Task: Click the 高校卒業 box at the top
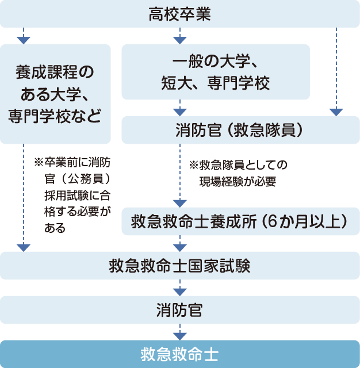pyautogui.click(x=179, y=13)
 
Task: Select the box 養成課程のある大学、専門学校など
pyautogui.click(x=56, y=94)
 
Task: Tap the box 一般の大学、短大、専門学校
pyautogui.click(x=216, y=72)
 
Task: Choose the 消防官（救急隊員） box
pyautogui.click(x=240, y=131)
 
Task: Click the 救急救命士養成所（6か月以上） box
pyautogui.click(x=240, y=221)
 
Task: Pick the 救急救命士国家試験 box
pyautogui.click(x=179, y=266)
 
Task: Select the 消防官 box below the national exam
pyautogui.click(x=179, y=310)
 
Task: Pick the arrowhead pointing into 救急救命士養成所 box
pyautogui.click(x=179, y=203)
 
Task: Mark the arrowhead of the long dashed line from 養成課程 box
pyautogui.click(x=23, y=248)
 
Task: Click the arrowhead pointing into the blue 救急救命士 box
pyautogui.click(x=179, y=336)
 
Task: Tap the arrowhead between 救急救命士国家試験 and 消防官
pyautogui.click(x=179, y=292)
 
